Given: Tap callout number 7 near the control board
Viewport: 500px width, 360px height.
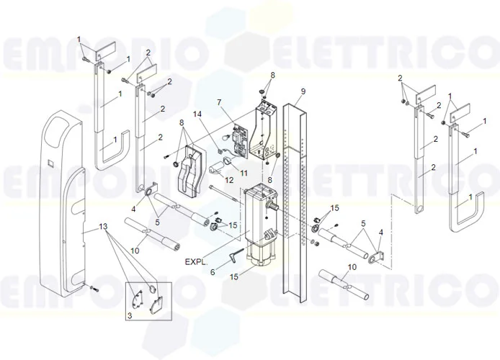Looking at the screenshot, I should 219,104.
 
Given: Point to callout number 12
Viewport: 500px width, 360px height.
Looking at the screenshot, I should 230,180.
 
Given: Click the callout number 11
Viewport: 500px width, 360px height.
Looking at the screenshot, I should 244,174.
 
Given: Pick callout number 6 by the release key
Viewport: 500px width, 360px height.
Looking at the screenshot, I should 213,271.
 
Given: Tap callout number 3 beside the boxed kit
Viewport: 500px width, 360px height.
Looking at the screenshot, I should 130,315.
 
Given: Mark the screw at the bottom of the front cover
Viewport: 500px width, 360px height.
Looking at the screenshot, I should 95,289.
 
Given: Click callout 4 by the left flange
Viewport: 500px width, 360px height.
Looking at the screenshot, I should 133,209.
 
